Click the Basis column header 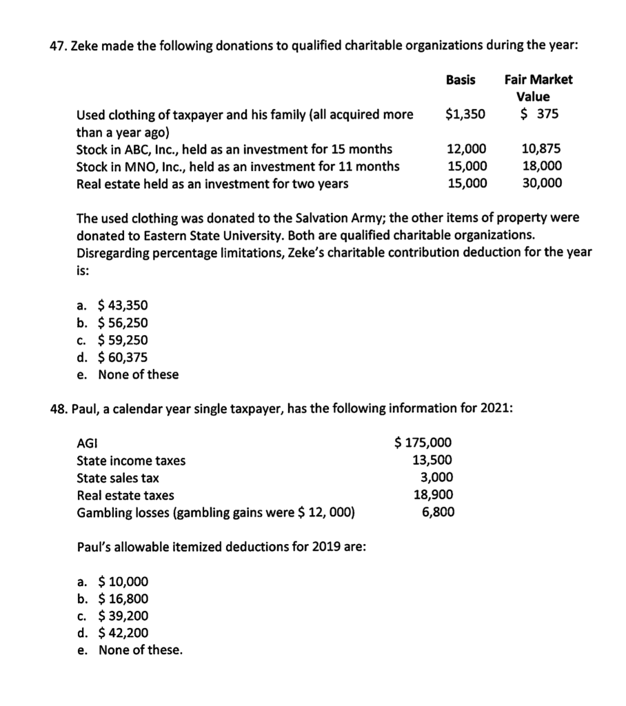tap(461, 79)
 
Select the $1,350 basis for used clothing tap(465, 114)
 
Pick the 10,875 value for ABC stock tap(542, 148)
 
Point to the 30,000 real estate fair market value tap(542, 183)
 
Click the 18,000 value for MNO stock tap(542, 165)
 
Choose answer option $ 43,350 tap(123, 305)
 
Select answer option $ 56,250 tap(123, 323)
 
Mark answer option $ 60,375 tap(123, 357)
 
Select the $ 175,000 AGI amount tap(423, 443)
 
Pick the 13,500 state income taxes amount tap(432, 460)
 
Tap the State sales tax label tap(118, 478)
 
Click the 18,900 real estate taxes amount tap(432, 494)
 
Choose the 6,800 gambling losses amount tap(438, 512)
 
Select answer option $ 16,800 tap(123, 598)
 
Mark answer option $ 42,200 tap(123, 633)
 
